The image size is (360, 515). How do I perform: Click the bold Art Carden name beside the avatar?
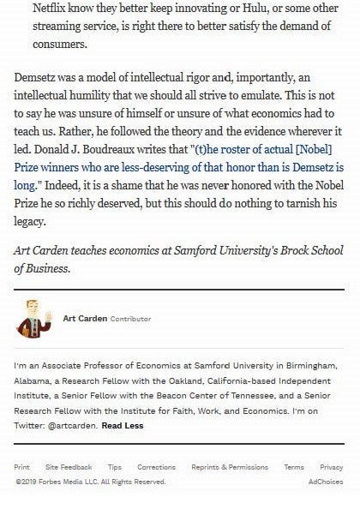[x=85, y=318]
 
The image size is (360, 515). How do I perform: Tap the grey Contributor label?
[x=130, y=319]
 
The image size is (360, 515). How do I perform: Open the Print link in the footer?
[x=21, y=467]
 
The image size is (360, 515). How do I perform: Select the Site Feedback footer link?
[x=69, y=467]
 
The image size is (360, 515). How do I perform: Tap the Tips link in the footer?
[x=115, y=467]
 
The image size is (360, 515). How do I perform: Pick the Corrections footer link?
[x=156, y=467]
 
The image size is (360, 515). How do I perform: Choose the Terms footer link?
[x=294, y=467]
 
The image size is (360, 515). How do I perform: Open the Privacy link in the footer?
[x=331, y=467]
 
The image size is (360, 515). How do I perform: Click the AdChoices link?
[x=326, y=482]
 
